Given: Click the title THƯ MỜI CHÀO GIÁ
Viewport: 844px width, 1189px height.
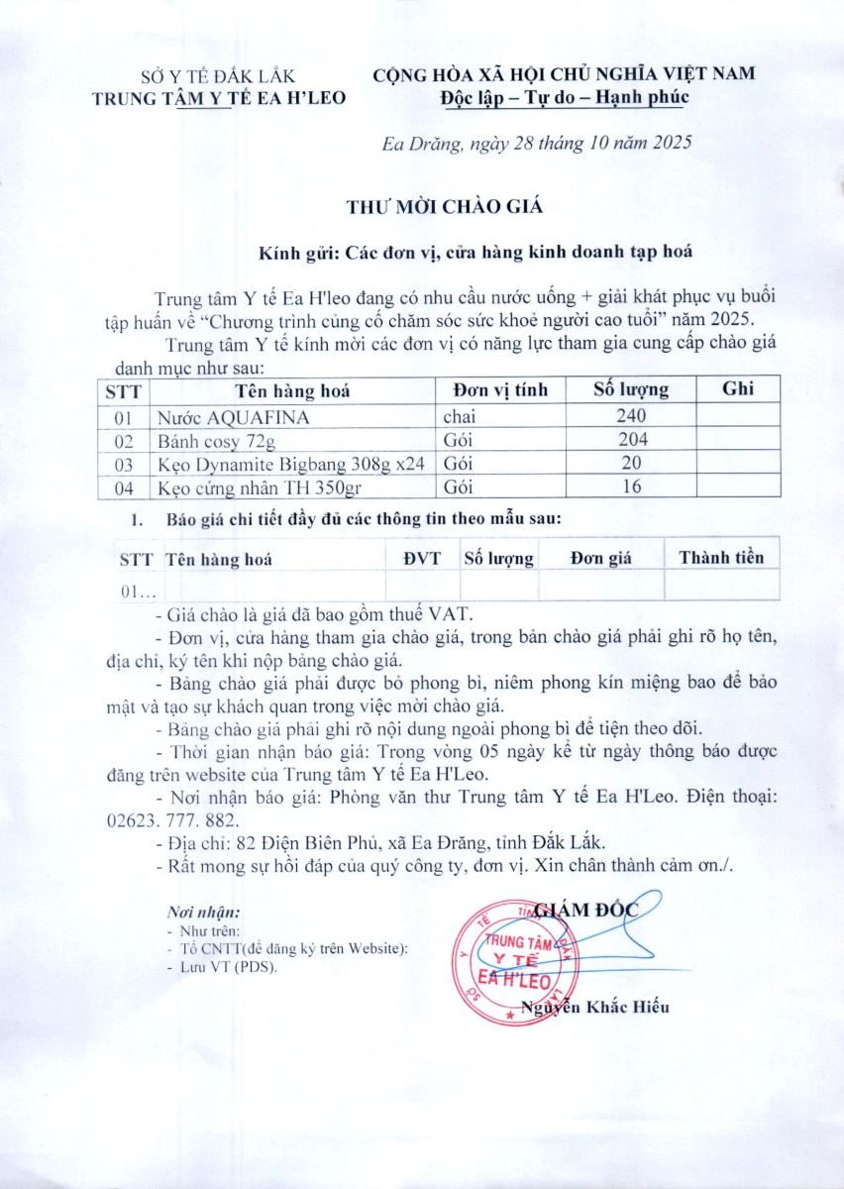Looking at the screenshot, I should (446, 207).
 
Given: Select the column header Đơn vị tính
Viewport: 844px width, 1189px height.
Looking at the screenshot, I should (499, 389).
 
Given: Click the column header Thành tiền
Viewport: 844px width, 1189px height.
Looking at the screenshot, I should (721, 558).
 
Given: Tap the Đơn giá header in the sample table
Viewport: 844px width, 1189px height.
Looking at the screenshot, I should (601, 559).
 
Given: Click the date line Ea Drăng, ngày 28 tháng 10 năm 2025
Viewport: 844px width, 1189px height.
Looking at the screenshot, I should (536, 143).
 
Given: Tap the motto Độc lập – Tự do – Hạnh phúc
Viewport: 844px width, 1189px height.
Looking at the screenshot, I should (565, 97).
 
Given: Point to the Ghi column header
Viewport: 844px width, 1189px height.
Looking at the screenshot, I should (738, 388).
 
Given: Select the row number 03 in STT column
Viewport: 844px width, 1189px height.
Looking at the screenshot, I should (124, 464).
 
